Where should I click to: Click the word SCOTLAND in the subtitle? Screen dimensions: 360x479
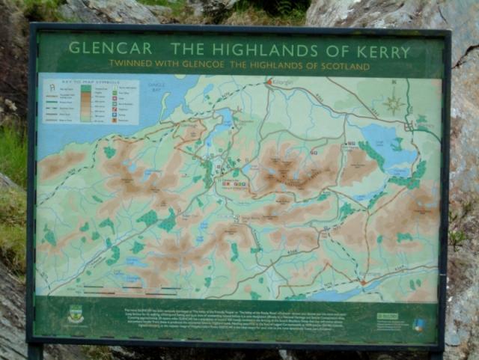[342, 67]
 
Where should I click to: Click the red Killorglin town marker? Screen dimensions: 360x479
[269, 82]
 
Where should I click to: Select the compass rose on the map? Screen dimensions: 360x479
[394, 103]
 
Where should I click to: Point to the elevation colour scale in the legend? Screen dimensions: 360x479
[86, 103]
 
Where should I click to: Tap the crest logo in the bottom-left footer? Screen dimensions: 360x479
[75, 315]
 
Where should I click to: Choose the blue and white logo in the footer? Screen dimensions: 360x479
[418, 323]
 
